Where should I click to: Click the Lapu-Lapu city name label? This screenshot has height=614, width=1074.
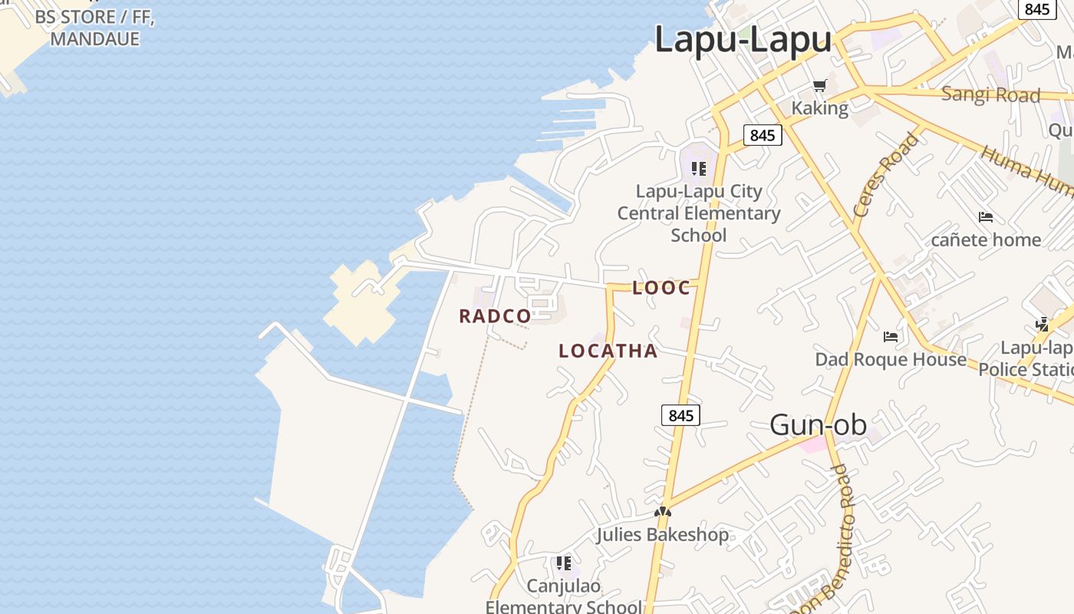[743, 40]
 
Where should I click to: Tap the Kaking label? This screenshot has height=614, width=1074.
[819, 108]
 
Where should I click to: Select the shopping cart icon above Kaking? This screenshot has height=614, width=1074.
[819, 86]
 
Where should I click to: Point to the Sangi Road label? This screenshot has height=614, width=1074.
[990, 95]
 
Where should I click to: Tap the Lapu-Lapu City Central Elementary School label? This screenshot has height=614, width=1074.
[699, 213]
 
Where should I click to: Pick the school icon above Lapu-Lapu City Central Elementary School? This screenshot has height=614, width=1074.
[698, 168]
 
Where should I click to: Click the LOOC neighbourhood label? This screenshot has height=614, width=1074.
[661, 289]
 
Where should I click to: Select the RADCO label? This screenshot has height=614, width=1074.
[495, 316]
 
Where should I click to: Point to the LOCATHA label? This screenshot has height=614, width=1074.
[608, 352]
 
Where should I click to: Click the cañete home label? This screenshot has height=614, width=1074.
[986, 239]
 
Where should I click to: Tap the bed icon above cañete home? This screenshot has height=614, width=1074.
[986, 217]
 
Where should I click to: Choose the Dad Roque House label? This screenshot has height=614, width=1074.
[890, 359]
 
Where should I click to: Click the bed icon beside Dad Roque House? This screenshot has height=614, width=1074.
[890, 336]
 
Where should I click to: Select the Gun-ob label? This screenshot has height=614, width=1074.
[818, 424]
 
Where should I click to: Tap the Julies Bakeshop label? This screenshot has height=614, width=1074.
[663, 534]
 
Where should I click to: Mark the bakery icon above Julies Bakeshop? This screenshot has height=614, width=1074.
[663, 512]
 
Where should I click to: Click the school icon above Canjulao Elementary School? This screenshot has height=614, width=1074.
[564, 563]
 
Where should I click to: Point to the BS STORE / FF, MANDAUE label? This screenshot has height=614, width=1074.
[95, 28]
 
